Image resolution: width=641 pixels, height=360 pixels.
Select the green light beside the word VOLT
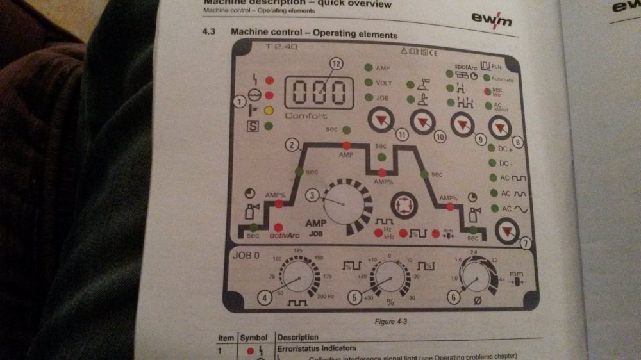point(369,83)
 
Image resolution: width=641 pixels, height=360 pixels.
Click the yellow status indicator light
point(270,110)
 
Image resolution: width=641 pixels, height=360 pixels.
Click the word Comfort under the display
point(306,116)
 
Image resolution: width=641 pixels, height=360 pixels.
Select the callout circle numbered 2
point(292,145)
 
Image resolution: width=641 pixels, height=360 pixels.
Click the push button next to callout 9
point(463,124)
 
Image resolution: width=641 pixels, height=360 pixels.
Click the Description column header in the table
point(298,337)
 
